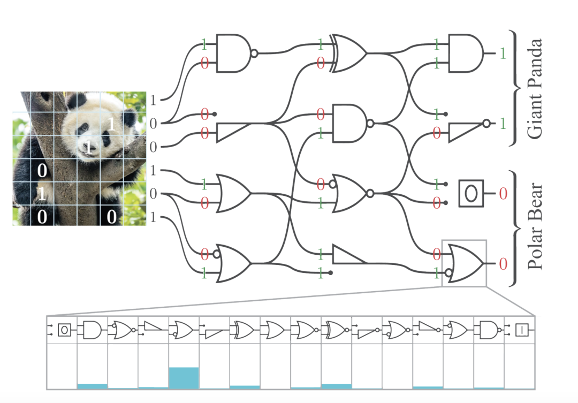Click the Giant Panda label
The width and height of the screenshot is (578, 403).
tap(534, 89)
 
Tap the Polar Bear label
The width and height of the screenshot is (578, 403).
tap(534, 227)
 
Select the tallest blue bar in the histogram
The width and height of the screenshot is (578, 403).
tap(184, 377)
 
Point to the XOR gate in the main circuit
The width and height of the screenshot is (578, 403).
tap(348, 54)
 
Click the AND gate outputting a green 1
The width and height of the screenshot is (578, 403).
tap(465, 54)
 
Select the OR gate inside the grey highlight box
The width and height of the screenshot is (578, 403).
tap(465, 263)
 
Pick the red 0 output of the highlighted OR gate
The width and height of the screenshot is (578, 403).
tap(503, 263)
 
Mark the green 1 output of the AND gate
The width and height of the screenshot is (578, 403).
tap(502, 54)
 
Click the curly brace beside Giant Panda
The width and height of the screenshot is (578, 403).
tap(515, 89)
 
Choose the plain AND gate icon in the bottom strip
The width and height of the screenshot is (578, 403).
tap(92, 330)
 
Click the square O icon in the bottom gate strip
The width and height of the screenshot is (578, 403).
tap(64, 330)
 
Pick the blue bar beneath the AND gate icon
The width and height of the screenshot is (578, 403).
tap(92, 386)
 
